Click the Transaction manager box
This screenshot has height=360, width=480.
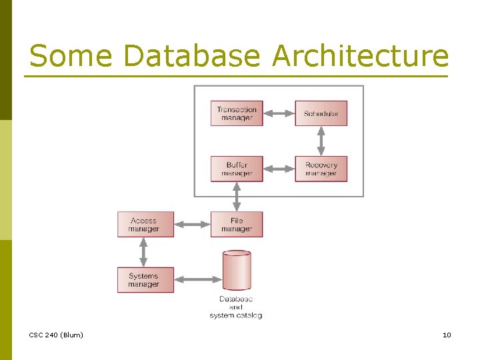(237, 113)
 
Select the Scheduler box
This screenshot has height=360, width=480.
(321, 113)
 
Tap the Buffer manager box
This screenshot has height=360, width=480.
(237, 169)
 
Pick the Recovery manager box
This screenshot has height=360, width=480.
(321, 169)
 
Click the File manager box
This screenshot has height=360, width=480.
(237, 224)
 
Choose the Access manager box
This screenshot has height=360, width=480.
(145, 224)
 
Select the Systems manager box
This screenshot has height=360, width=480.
(145, 280)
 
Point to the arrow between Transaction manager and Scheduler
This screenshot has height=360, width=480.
(279, 113)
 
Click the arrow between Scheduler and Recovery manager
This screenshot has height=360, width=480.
(321, 141)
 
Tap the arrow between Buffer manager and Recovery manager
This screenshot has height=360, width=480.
(279, 169)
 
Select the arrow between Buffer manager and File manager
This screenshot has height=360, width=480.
(237, 197)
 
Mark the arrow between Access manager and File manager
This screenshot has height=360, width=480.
(192, 225)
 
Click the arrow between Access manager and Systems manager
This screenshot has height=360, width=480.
(143, 252)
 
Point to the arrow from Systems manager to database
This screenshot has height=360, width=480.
(197, 279)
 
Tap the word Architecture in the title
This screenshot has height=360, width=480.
(360, 56)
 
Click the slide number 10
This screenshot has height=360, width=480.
(447, 335)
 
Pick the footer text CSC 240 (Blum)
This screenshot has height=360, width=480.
(57, 335)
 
